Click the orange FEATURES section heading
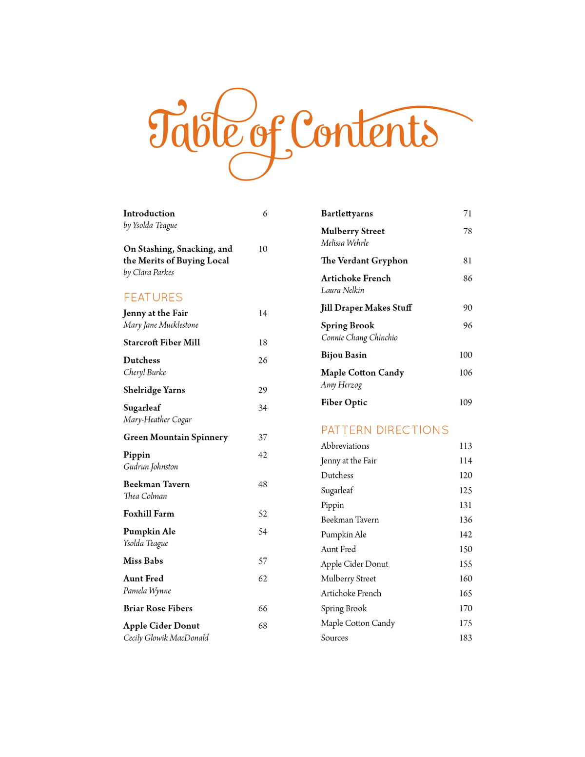153,297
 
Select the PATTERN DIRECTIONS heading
385,430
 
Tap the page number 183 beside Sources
466,637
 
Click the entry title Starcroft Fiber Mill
161,342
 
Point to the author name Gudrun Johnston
151,467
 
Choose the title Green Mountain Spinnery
175,437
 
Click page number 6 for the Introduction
265,213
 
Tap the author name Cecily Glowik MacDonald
166,637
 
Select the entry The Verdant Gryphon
364,260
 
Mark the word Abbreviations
345,446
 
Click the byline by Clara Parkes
149,272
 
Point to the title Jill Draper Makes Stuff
366,308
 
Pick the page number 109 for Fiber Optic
466,402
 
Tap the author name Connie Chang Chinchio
359,338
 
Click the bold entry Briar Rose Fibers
158,608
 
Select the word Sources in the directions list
334,637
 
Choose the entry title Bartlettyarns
347,213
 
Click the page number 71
468,213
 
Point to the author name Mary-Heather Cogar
157,419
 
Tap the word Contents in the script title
363,131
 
